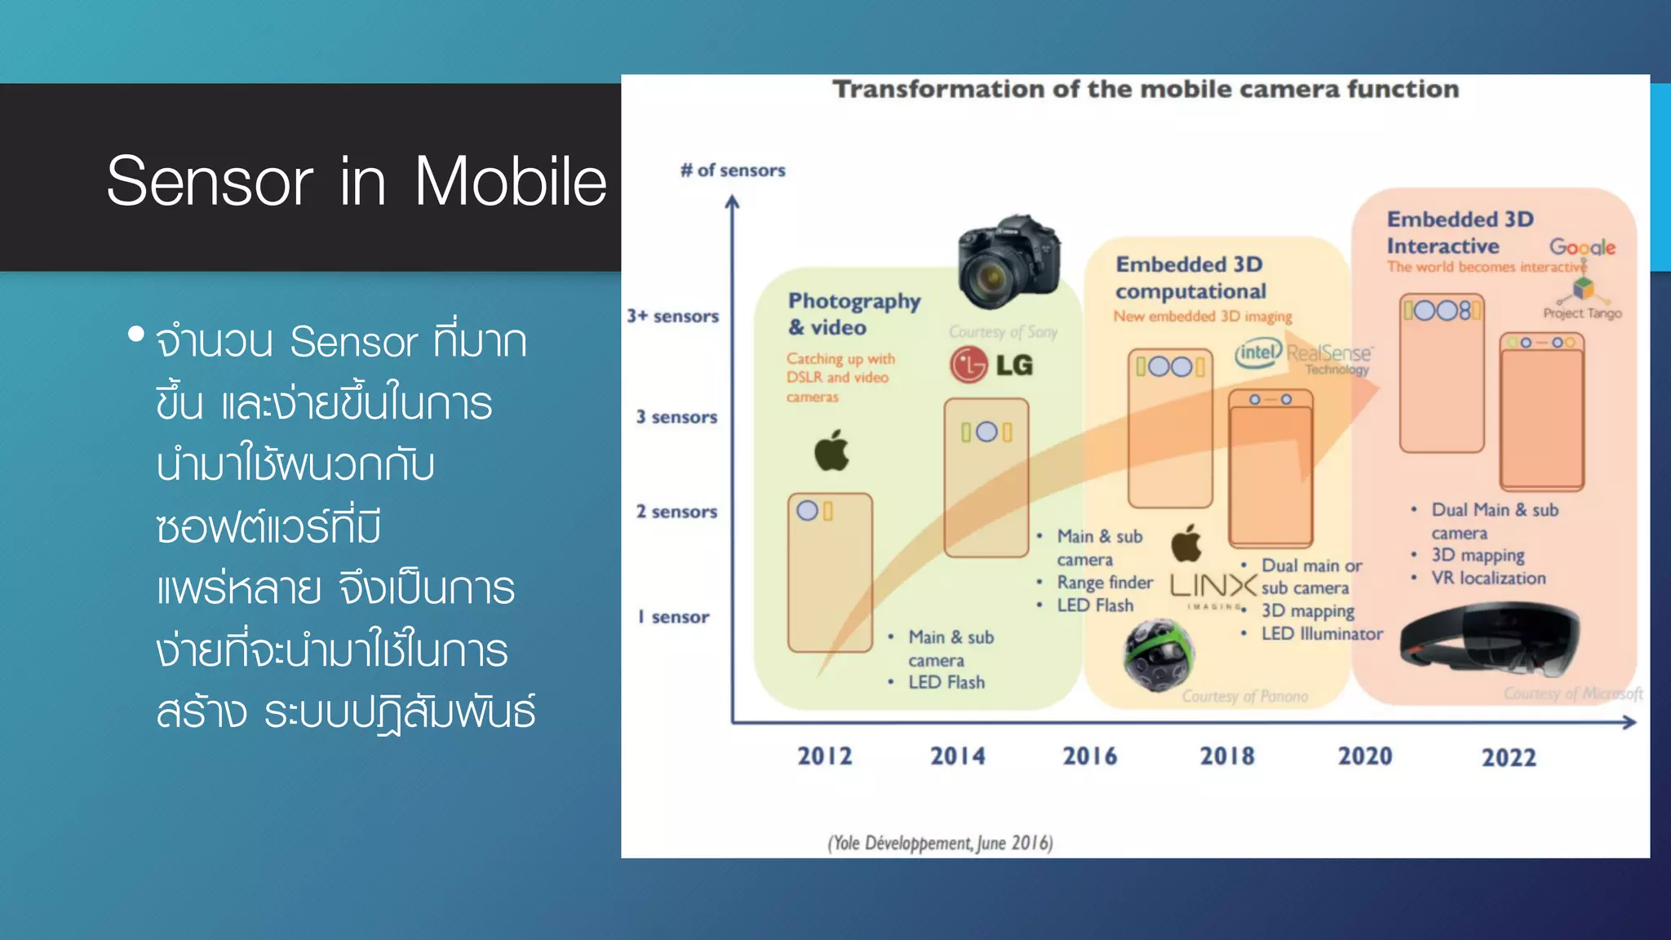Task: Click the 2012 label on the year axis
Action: pos(824,756)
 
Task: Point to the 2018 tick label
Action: pos(1226,756)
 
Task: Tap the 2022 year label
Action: pos(1509,758)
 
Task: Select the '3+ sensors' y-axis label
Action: pos(672,316)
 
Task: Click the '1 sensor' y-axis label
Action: pos(673,617)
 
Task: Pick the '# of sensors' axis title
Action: pos(733,171)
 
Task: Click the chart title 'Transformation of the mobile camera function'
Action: pos(1145,89)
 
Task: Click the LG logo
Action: pos(991,365)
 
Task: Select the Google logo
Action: pos(1581,247)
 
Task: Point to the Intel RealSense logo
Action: pos(1303,356)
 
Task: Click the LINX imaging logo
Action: pos(1212,587)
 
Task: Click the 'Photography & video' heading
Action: pos(853,314)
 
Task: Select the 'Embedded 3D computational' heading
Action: pos(1190,277)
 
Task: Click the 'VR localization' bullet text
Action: pos(1488,579)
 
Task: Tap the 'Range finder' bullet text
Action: pos(1105,583)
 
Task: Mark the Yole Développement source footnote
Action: pos(940,843)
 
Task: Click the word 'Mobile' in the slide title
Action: pos(510,181)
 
